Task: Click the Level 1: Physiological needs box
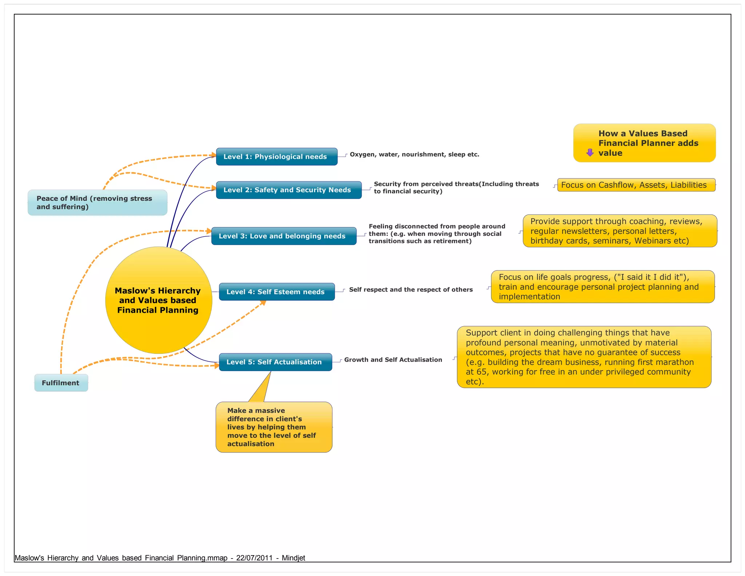(x=276, y=157)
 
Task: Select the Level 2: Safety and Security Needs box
(x=288, y=190)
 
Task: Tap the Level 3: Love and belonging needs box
(x=284, y=236)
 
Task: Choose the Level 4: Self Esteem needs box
(x=276, y=292)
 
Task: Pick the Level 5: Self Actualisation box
(x=275, y=362)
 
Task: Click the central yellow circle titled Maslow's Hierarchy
(x=158, y=300)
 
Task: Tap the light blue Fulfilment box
(x=61, y=383)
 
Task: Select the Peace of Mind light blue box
(x=97, y=202)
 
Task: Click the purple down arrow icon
(x=590, y=153)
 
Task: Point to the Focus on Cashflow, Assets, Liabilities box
(x=636, y=185)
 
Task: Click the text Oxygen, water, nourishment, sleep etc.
(x=414, y=154)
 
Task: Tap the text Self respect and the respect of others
(x=411, y=289)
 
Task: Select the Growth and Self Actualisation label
(x=393, y=360)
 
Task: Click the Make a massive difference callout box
(x=274, y=427)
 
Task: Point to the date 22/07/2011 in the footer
(x=254, y=558)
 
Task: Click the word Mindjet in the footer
(x=293, y=558)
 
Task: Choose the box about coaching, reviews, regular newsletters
(x=619, y=231)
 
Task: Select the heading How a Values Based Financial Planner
(x=648, y=138)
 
